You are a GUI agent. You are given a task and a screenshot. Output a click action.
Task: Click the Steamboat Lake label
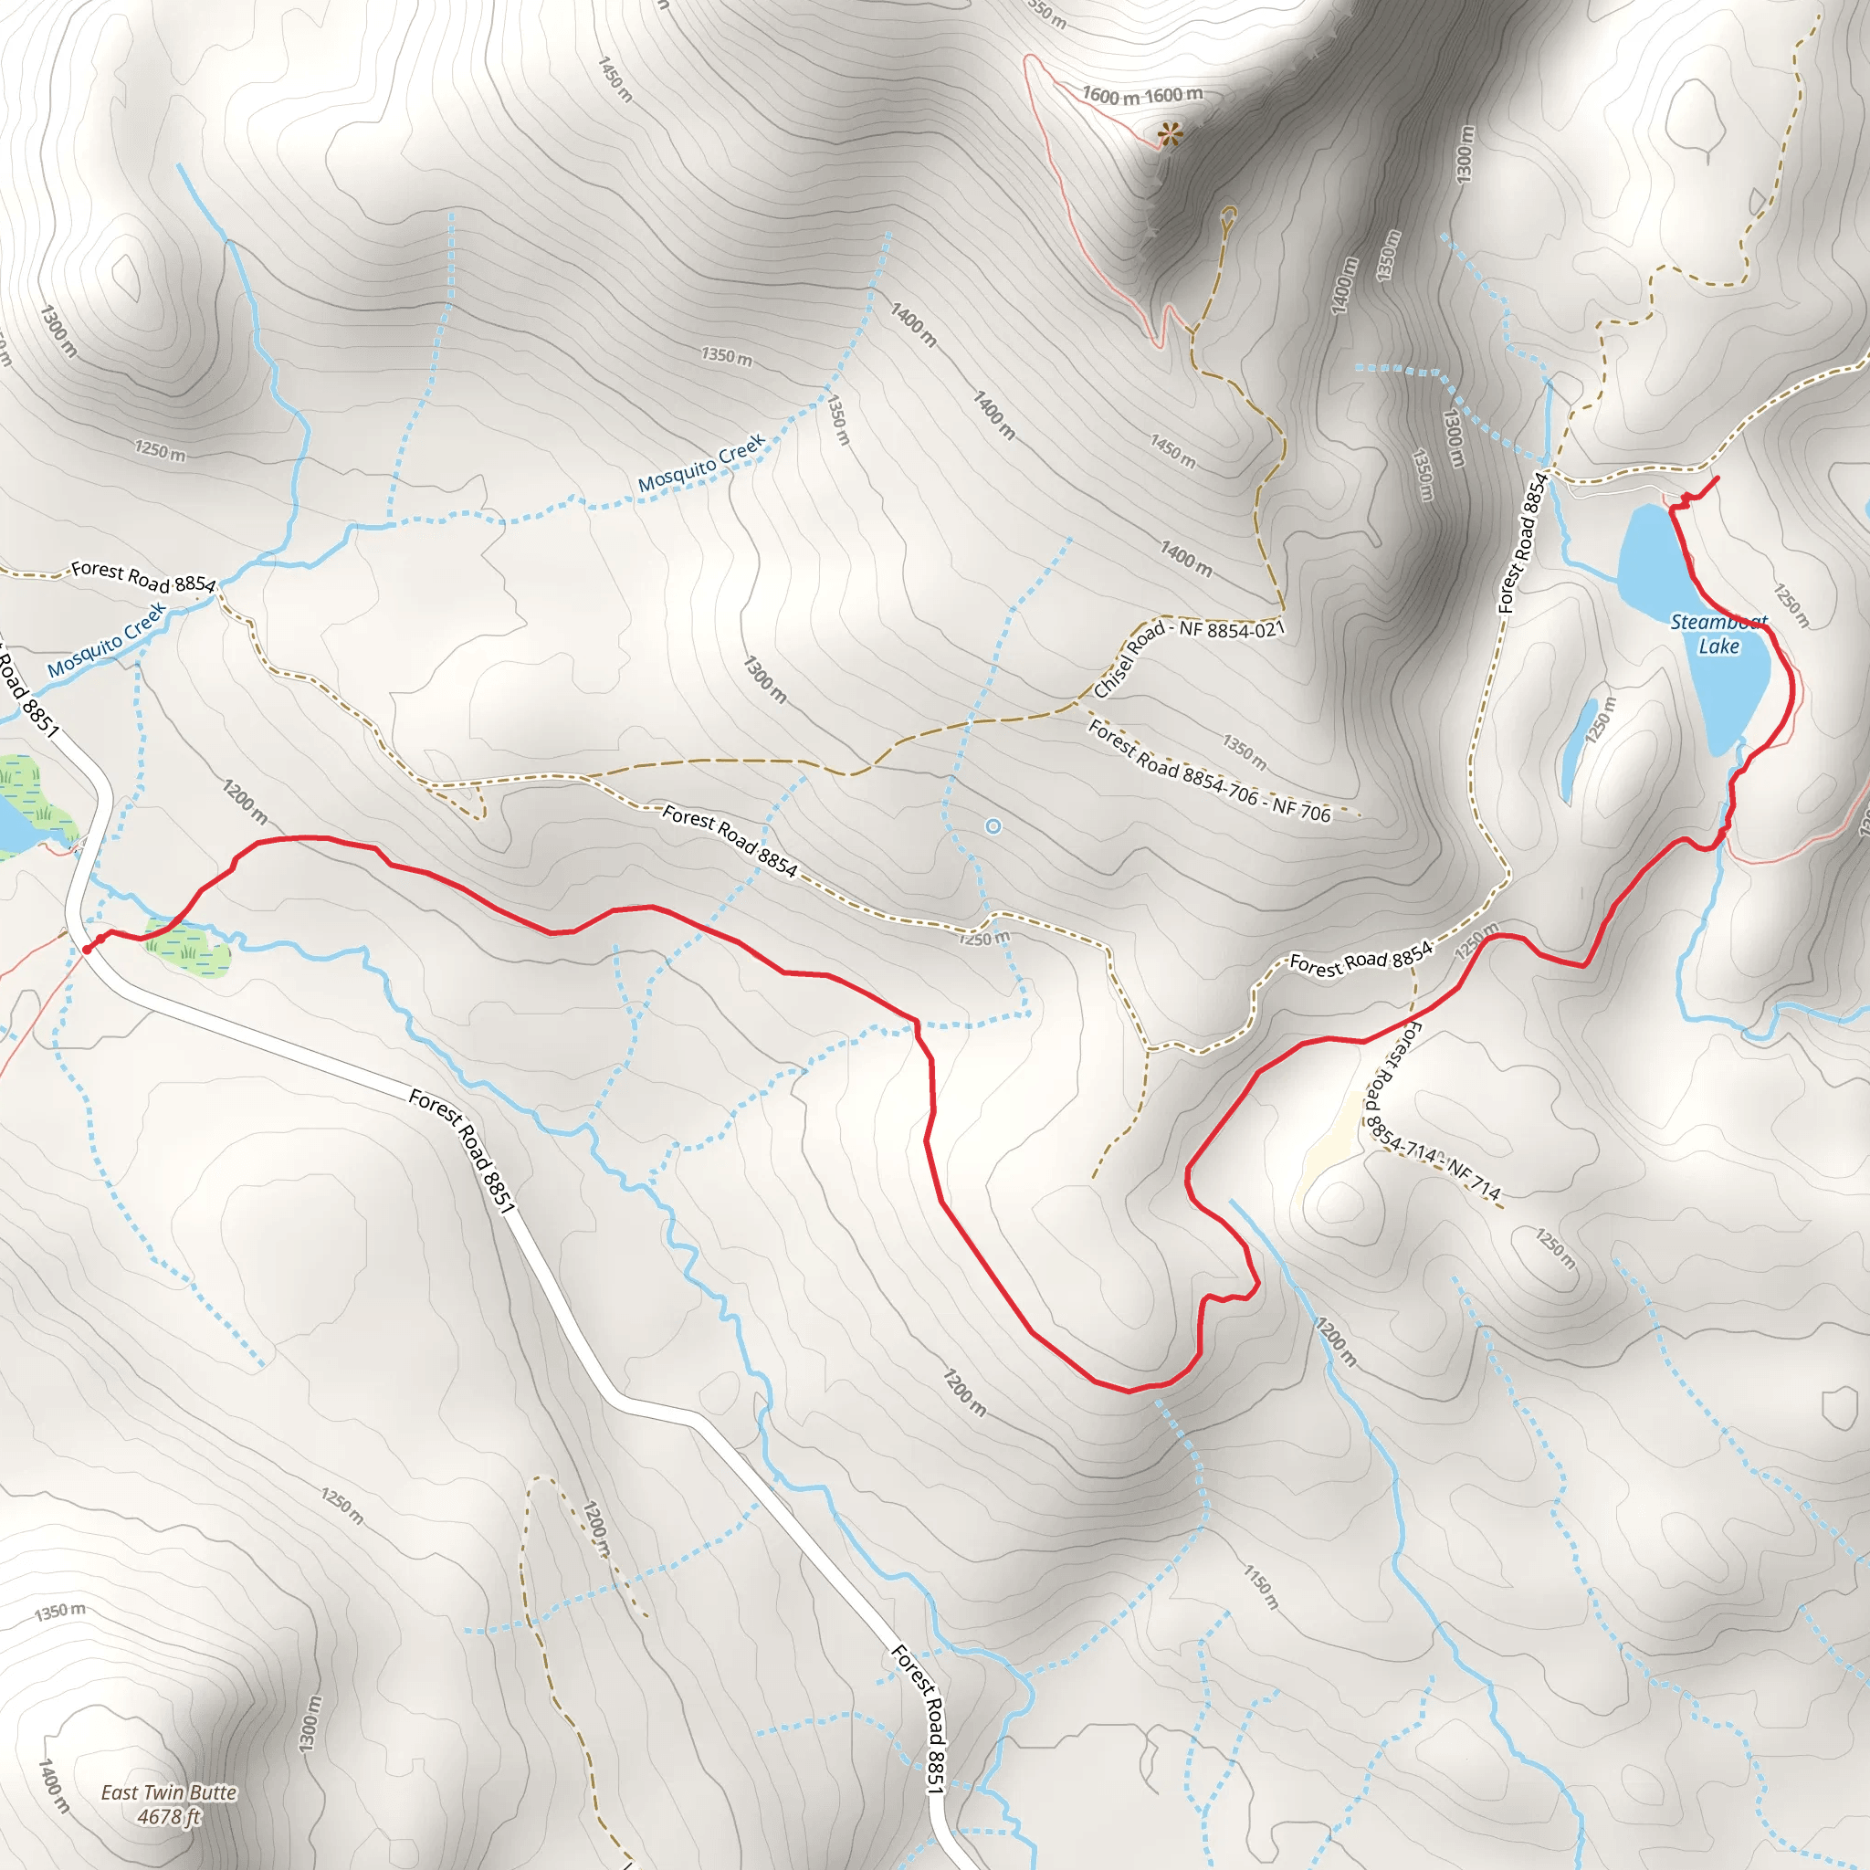1719,634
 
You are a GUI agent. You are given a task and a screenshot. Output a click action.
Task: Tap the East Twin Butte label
170,1792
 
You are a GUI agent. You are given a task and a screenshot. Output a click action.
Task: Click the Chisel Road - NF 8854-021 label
1189,657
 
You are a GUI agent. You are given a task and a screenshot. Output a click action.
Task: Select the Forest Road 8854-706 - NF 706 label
1210,772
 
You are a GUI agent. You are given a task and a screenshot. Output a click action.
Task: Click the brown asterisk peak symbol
1171,134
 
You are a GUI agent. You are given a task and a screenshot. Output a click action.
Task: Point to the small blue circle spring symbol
993,825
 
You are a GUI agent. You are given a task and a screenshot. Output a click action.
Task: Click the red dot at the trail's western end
87,950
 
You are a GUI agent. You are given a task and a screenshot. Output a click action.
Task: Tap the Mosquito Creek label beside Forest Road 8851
107,641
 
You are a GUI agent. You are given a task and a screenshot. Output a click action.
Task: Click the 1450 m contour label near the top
615,79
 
